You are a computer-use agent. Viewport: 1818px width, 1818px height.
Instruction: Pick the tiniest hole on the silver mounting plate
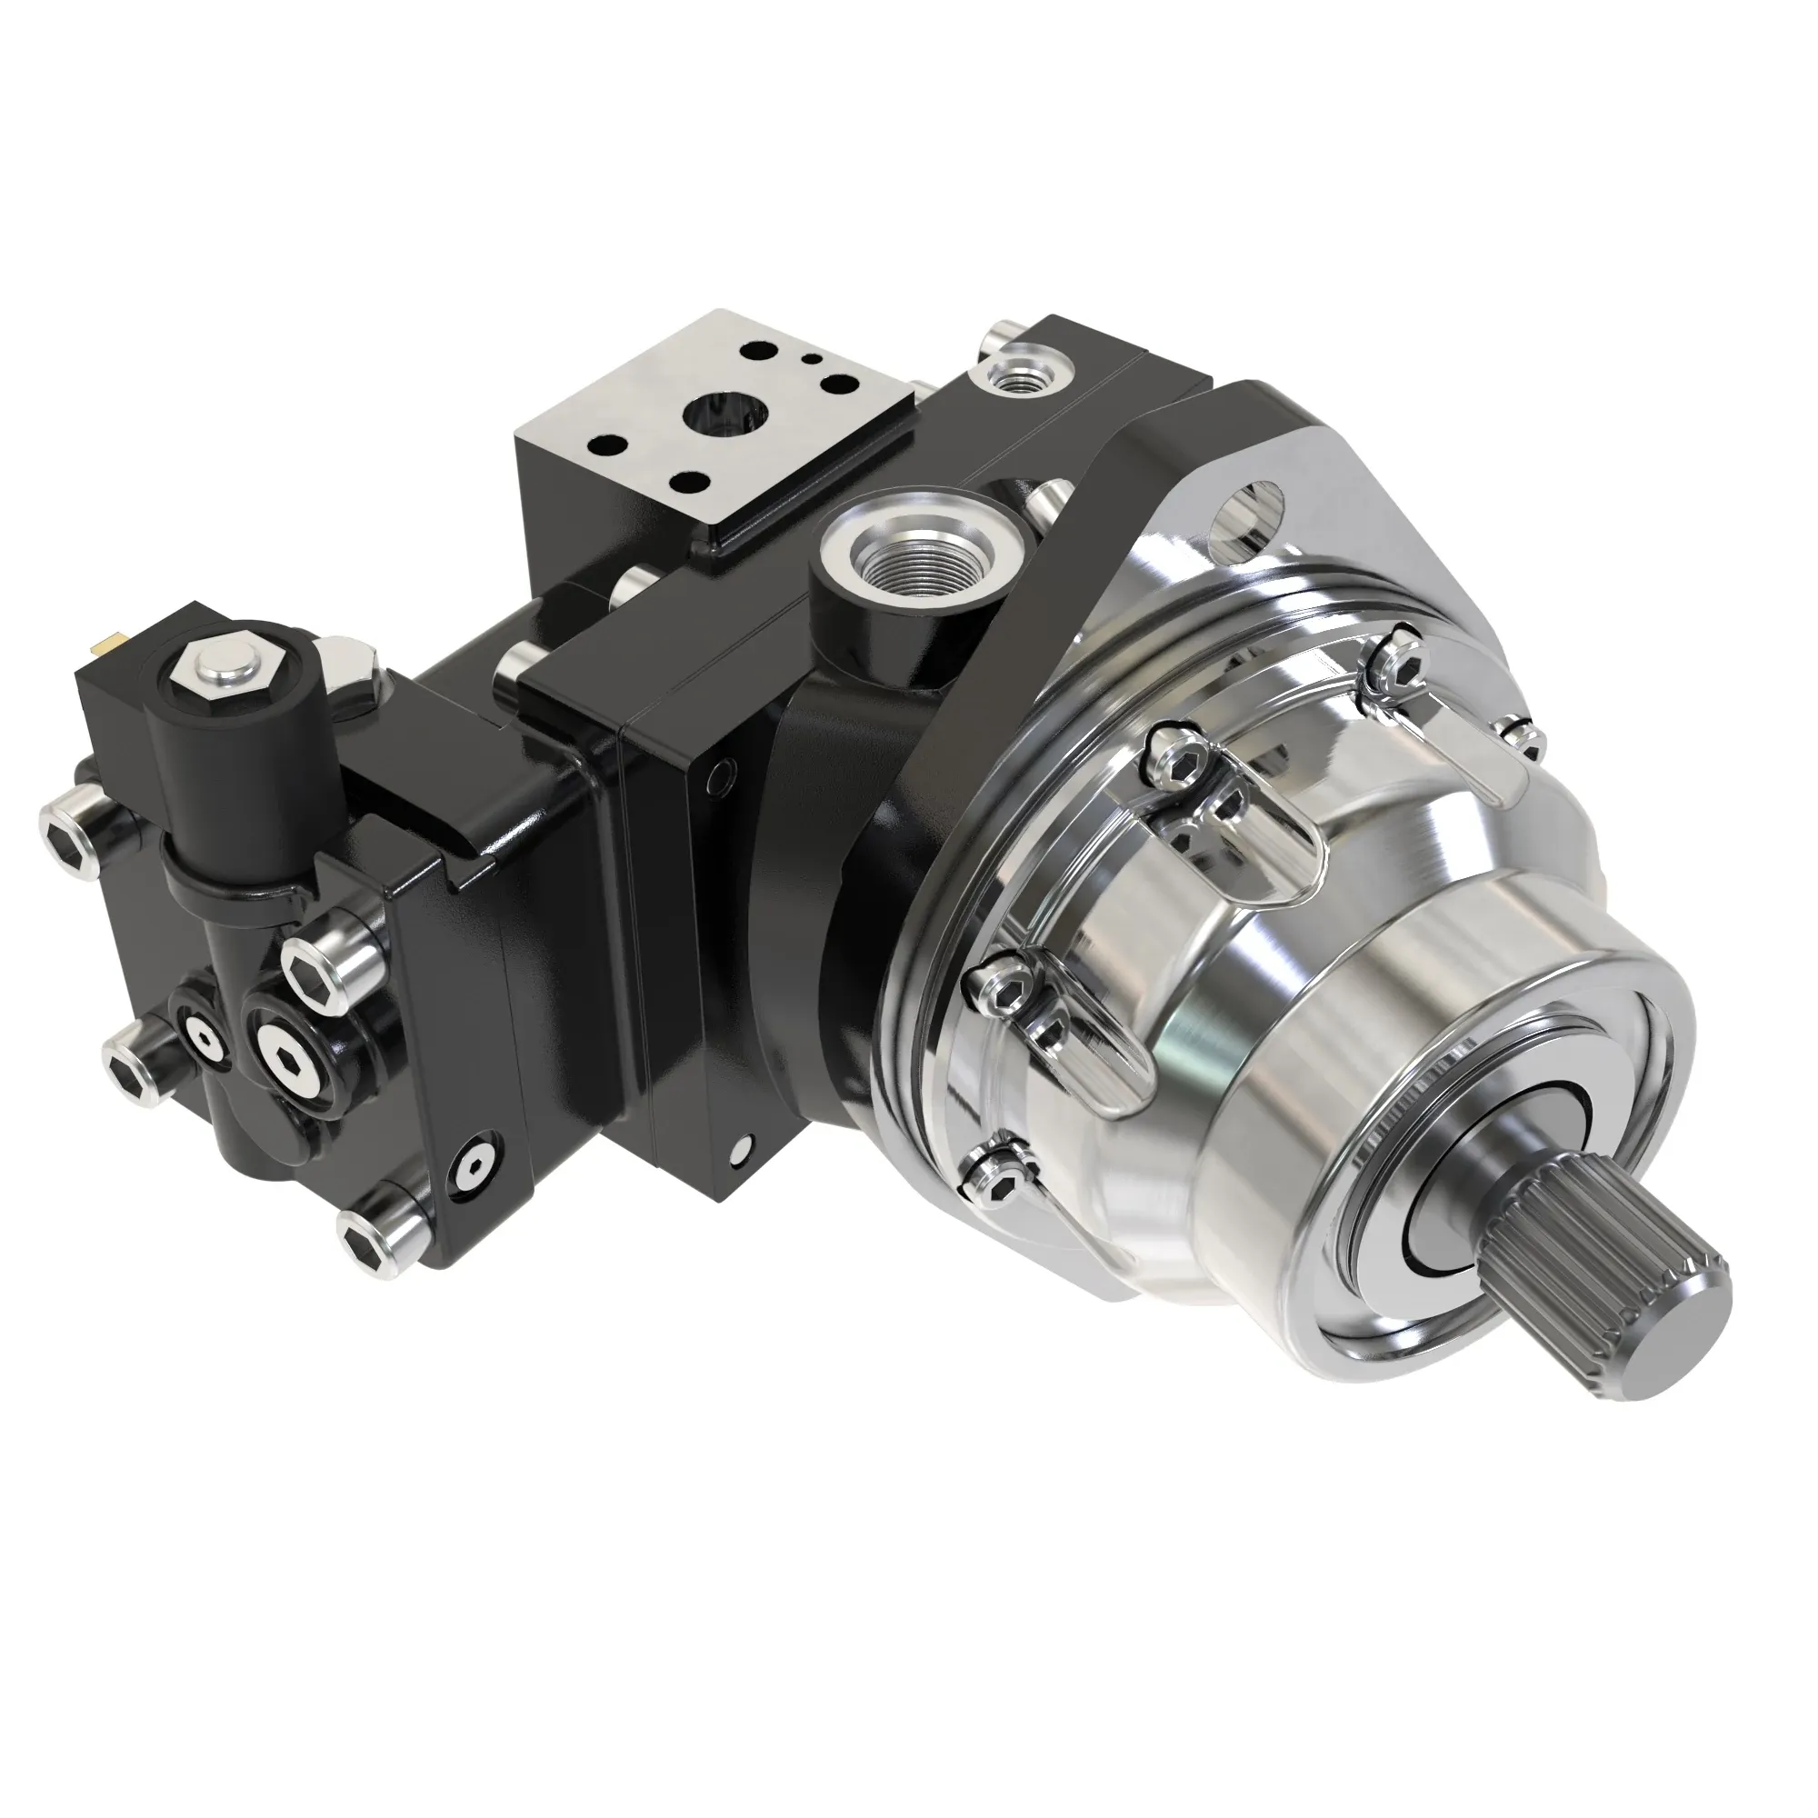tap(806, 357)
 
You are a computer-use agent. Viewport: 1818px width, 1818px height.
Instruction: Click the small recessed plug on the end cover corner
tap(472, 1171)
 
